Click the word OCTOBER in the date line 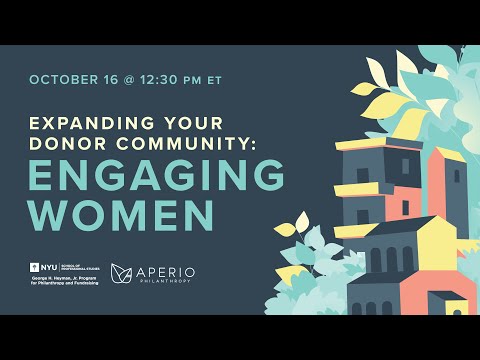tap(63, 79)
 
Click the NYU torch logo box tap(39, 268)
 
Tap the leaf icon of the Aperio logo tap(122, 272)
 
